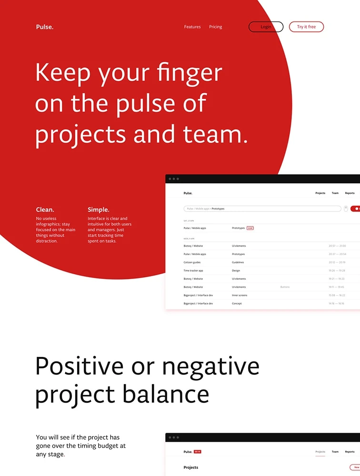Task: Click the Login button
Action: tap(266, 27)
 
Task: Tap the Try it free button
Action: tap(306, 27)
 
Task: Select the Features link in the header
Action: tap(192, 27)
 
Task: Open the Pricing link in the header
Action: tap(215, 27)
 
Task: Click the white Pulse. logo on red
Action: tap(45, 27)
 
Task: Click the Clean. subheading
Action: tap(45, 209)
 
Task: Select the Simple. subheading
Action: tap(99, 209)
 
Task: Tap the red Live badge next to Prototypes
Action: tap(250, 228)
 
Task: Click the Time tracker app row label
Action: tap(194, 270)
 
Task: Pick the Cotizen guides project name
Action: tap(192, 262)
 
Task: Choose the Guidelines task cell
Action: tap(238, 262)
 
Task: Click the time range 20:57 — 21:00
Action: tap(337, 246)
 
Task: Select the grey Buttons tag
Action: tap(285, 287)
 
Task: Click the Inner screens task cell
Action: tap(240, 295)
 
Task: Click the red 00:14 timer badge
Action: tap(198, 452)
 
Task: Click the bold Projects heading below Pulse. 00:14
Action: tap(191, 467)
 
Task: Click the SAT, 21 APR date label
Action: tap(189, 221)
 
